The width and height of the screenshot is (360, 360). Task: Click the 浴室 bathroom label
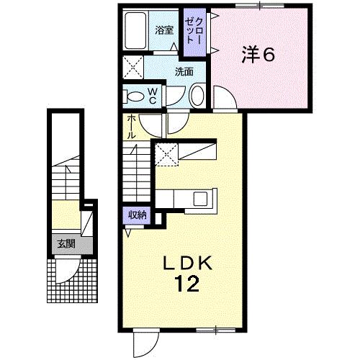[x=163, y=30]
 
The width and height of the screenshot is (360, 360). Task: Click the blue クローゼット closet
[x=192, y=33]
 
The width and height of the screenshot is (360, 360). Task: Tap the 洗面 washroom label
[x=184, y=71]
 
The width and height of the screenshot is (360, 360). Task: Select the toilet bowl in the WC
[x=135, y=94]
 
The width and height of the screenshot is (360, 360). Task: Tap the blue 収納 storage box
[x=138, y=215]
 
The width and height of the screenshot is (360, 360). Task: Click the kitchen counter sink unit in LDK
[x=186, y=199]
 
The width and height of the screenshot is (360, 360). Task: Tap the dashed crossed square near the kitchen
[x=166, y=153]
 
